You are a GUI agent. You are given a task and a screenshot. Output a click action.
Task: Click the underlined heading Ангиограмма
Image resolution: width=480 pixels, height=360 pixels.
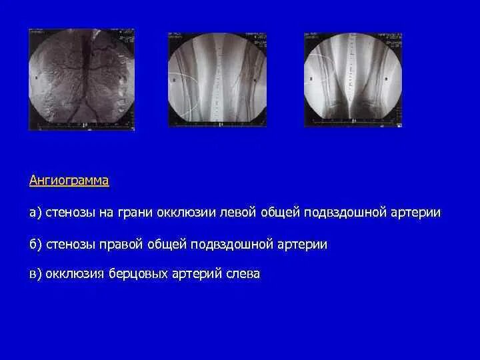coord(69,181)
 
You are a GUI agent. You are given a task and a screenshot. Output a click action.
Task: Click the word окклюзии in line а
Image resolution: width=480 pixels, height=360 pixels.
coord(188,213)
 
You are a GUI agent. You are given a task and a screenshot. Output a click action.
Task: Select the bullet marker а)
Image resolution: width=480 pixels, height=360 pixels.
coord(36,213)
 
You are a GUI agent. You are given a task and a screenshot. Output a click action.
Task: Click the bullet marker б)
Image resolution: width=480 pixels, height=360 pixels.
coord(36,245)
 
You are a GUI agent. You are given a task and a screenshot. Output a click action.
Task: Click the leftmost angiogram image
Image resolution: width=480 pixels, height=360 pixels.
coord(81,79)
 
